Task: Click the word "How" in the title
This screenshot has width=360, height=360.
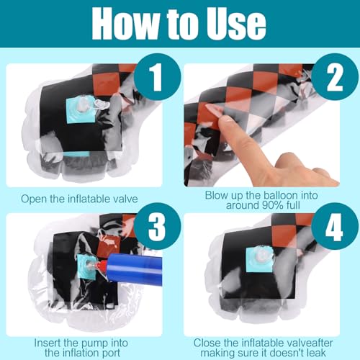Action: coord(126,23)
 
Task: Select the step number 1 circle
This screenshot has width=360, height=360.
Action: coord(157,77)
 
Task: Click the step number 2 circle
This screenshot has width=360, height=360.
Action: coord(335,77)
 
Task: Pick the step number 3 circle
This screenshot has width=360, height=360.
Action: coord(157,226)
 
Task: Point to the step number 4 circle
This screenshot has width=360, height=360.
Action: coord(335,226)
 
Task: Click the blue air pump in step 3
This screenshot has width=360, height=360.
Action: coord(135,269)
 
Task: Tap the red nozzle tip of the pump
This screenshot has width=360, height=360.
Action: coord(101,266)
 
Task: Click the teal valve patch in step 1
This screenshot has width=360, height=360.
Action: coord(79,111)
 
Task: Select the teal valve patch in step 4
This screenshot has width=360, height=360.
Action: coord(260,260)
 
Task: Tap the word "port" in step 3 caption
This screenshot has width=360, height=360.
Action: coord(111,354)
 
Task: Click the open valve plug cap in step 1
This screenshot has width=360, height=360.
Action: coord(102,104)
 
